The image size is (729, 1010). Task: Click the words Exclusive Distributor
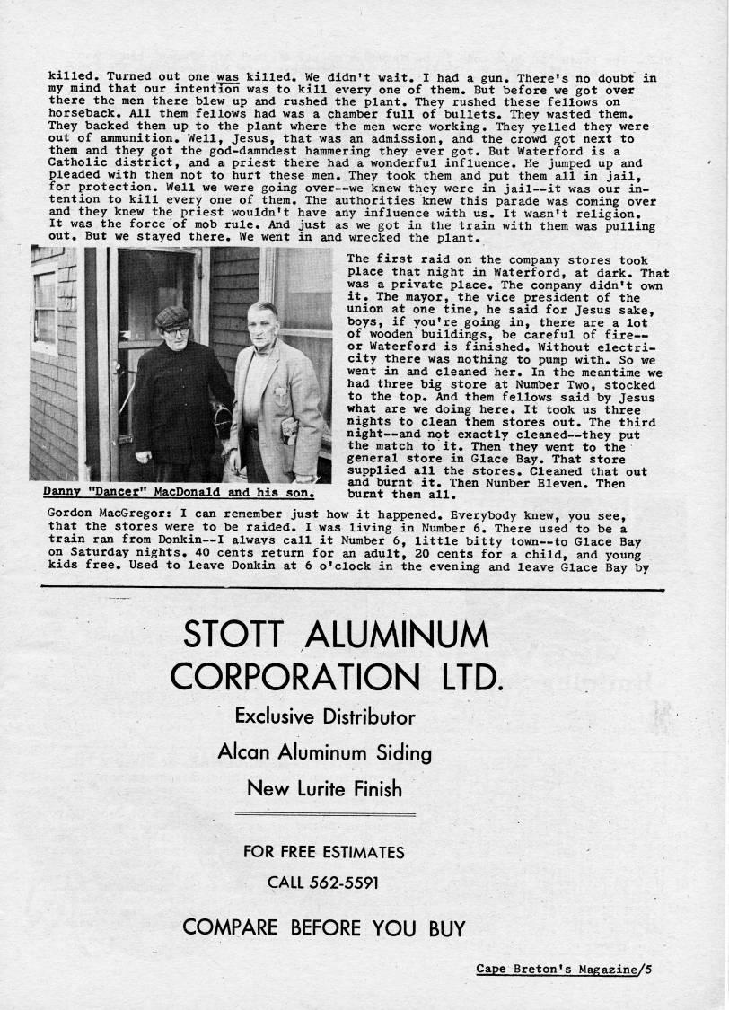click(324, 716)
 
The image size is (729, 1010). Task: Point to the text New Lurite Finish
click(324, 789)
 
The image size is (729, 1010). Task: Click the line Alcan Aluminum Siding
click(324, 752)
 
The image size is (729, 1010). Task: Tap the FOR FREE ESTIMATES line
click(324, 851)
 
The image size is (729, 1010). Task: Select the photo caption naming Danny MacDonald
click(180, 492)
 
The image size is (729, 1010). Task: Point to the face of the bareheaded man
click(262, 328)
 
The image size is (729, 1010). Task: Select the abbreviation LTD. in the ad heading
click(465, 676)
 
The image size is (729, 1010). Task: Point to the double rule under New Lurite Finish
click(324, 814)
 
